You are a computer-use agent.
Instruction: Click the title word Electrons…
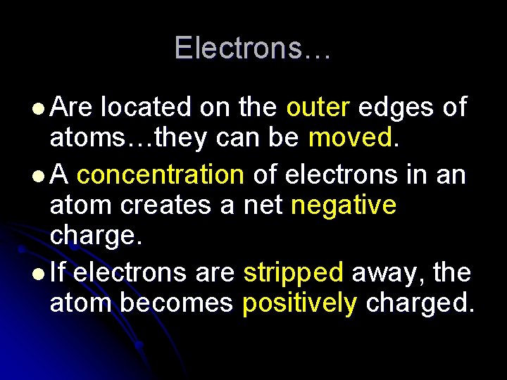pyautogui.click(x=253, y=48)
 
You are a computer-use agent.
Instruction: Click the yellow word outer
pyautogui.click(x=318, y=108)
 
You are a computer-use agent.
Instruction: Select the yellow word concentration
pyautogui.click(x=161, y=173)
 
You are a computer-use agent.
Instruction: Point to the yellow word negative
pyautogui.click(x=344, y=206)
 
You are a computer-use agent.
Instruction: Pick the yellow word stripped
pyautogui.click(x=293, y=272)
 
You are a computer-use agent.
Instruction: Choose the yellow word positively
pyautogui.click(x=299, y=304)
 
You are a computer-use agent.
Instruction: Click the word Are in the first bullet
pyautogui.click(x=72, y=108)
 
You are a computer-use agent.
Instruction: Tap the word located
pyautogui.click(x=146, y=108)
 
